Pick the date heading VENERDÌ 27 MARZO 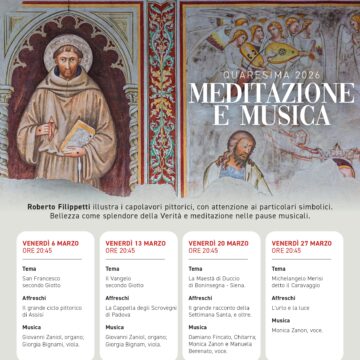[x=303, y=243]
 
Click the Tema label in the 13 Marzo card [x=112, y=269]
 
